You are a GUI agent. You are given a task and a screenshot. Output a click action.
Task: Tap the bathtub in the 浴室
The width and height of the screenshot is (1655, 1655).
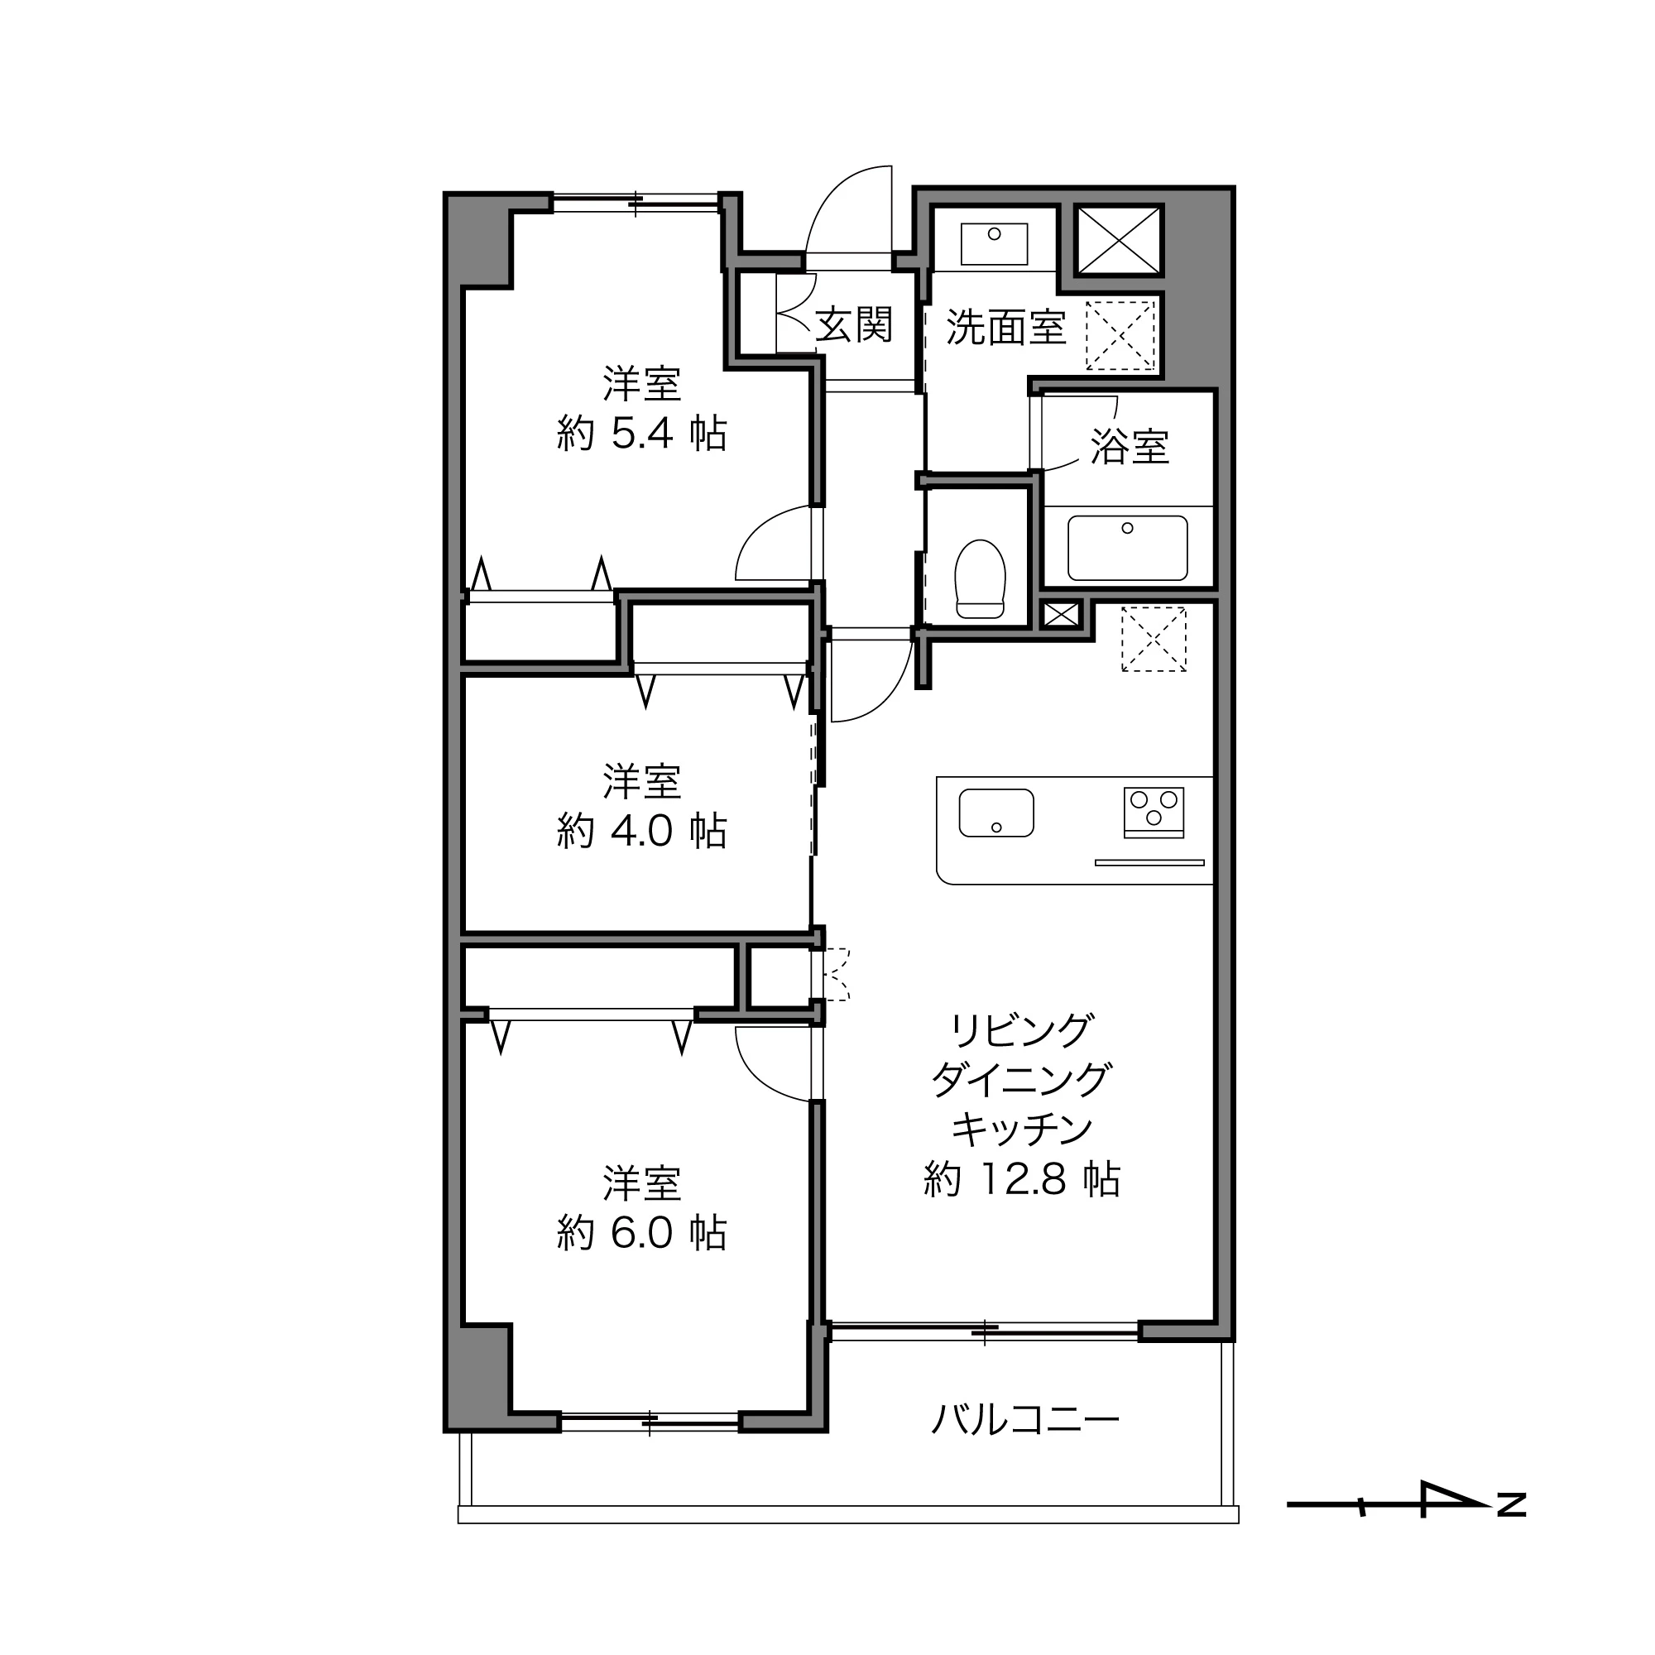point(1126,547)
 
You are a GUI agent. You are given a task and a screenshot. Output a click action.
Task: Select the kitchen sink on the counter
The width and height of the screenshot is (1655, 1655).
point(995,812)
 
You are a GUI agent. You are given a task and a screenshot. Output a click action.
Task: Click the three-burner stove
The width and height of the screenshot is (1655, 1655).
point(1153,811)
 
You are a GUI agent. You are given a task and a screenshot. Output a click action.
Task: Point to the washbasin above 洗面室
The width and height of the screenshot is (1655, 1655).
point(994,244)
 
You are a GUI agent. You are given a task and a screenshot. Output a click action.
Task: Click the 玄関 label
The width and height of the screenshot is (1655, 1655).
point(853,324)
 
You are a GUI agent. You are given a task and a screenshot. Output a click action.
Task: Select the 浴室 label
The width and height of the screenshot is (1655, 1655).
point(1129,446)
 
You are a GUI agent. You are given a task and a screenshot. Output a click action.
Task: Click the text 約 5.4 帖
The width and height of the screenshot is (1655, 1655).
point(641,434)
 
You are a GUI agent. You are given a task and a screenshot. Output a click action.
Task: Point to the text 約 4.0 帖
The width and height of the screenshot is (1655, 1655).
point(641,831)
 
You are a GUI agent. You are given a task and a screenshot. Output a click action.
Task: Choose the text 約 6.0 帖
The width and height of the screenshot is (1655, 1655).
point(641,1233)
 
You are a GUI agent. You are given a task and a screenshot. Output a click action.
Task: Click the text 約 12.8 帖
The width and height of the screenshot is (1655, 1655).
point(1021,1179)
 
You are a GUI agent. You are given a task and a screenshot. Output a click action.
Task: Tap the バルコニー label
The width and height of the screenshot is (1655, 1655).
point(1024,1420)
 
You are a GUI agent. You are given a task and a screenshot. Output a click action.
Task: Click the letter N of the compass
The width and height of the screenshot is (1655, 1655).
point(1511,1505)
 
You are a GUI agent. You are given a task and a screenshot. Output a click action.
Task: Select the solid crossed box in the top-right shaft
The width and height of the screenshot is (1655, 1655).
point(1119,241)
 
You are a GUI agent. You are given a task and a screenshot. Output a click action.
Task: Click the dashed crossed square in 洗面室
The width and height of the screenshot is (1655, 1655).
point(1120,335)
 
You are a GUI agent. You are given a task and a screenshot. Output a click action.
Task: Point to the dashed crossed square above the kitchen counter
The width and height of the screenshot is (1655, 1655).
point(1153,639)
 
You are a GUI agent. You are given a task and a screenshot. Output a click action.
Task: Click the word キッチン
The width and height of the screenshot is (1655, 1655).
point(1021,1129)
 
